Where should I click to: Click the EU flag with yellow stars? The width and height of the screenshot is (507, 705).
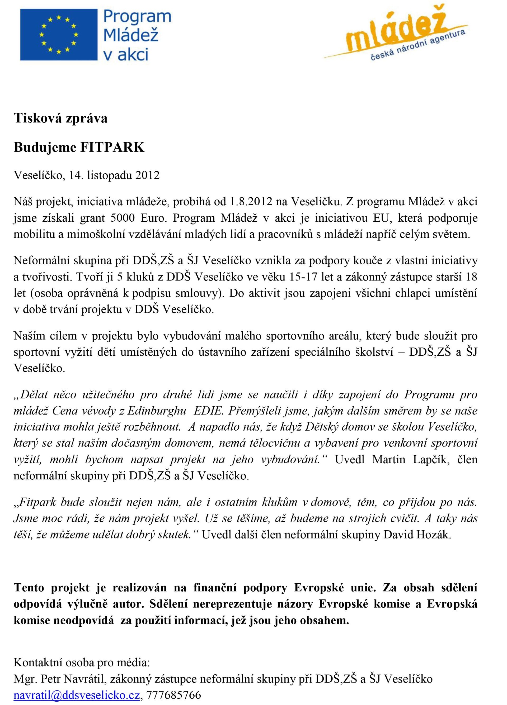58,35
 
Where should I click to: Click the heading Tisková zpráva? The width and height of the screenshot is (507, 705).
61,118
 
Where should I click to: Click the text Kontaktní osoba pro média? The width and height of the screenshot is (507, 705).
82,663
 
